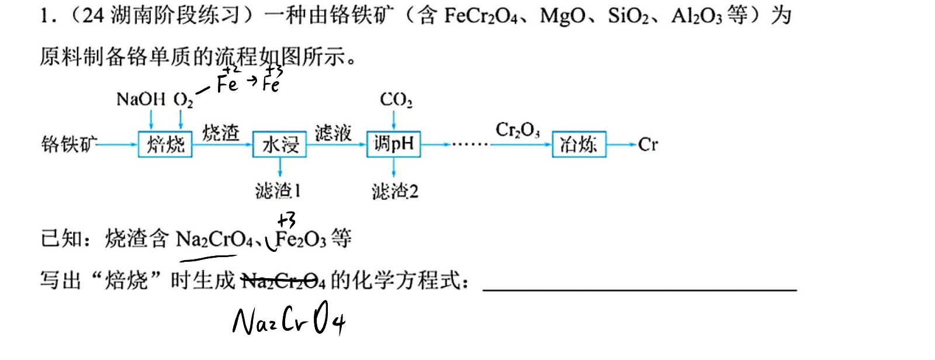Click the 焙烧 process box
tap(165, 144)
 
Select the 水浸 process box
tap(280, 144)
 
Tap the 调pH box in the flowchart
tap(394, 144)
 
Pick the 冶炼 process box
tap(579, 144)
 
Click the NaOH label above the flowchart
tap(141, 99)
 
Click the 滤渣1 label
tap(278, 191)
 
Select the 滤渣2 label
tap(395, 192)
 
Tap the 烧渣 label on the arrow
tap(221, 133)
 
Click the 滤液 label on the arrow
tap(333, 133)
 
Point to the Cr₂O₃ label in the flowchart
tap(518, 130)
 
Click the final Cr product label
tap(648, 145)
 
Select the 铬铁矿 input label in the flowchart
tap(69, 144)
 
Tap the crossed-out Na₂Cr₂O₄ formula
tap(283, 281)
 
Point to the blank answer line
tap(639, 289)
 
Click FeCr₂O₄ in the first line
tap(481, 16)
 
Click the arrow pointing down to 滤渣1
tap(280, 167)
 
